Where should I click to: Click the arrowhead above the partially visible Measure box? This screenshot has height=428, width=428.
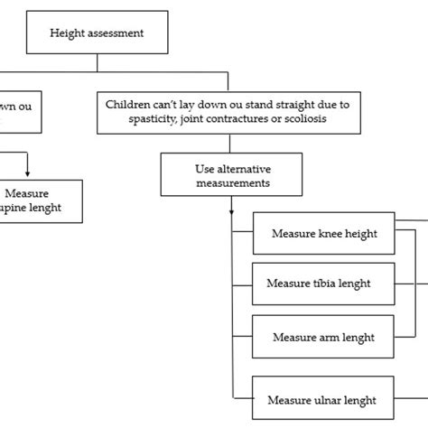coord(29,173)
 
